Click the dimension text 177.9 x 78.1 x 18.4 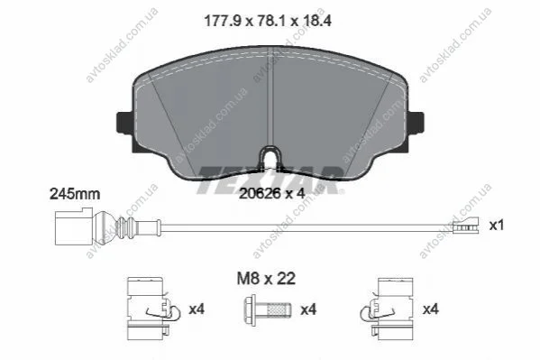[268, 21]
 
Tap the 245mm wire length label [75, 194]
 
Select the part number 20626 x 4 [272, 194]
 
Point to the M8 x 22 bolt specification [266, 279]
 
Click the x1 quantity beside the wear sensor [497, 226]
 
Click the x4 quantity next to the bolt [308, 309]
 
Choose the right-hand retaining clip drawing [387, 309]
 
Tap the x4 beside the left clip [197, 309]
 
